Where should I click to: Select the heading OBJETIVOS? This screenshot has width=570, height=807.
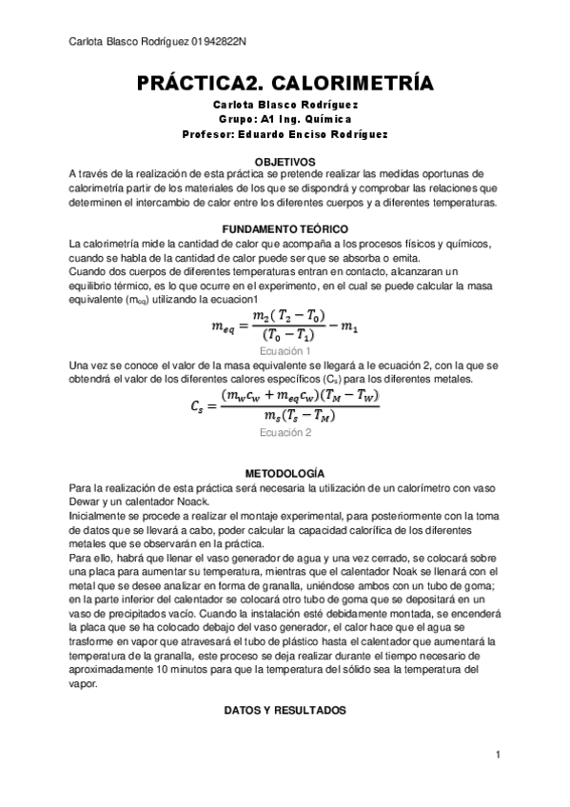(285, 162)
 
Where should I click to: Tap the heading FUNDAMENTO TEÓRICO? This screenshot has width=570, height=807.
(285, 230)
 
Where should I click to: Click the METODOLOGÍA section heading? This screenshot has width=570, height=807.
(285, 473)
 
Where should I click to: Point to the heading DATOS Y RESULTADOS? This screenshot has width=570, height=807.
(285, 710)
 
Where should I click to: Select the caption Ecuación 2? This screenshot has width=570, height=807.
(285, 432)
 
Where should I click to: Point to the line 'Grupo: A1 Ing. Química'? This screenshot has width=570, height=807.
(285, 119)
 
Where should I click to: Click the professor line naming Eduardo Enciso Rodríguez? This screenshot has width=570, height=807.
(285, 134)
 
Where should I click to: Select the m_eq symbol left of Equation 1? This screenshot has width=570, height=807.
(226, 327)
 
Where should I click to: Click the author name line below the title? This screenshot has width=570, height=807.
(285, 104)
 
